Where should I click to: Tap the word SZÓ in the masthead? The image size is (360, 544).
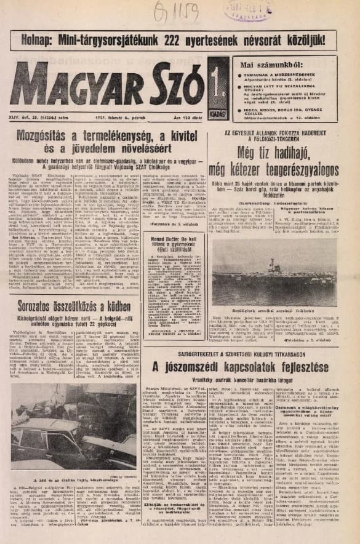coord(165,84)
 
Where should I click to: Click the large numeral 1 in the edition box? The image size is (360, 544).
coord(217,80)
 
